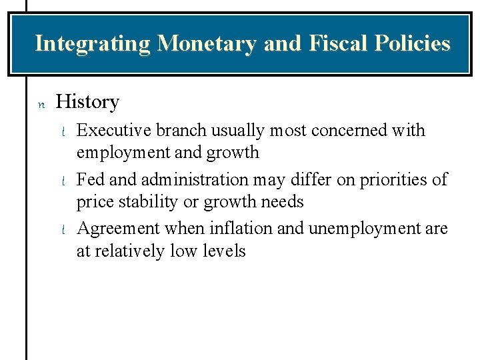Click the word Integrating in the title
click(x=93, y=43)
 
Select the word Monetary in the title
click(x=207, y=43)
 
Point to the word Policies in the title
click(x=412, y=43)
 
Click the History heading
click(x=87, y=102)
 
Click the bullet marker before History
click(x=40, y=103)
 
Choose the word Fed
click(x=91, y=179)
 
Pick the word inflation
click(x=237, y=229)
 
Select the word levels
click(x=224, y=251)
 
